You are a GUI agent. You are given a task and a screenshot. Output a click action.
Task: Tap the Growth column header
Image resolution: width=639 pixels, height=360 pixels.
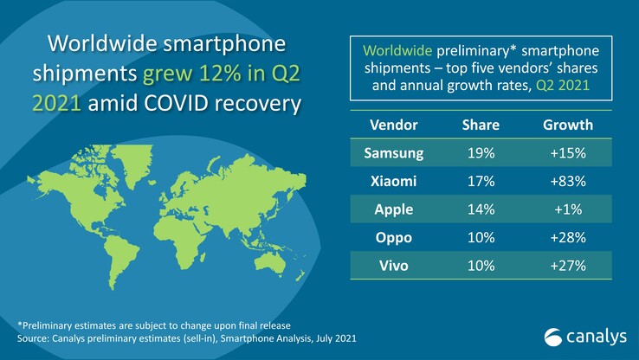pos(569,125)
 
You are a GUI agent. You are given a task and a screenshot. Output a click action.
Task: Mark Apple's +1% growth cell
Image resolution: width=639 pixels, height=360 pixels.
pos(569,208)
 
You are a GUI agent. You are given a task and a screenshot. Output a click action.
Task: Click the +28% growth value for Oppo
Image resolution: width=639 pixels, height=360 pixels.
pos(569,235)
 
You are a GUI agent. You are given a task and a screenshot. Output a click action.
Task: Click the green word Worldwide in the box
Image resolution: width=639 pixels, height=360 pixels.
pos(397,50)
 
